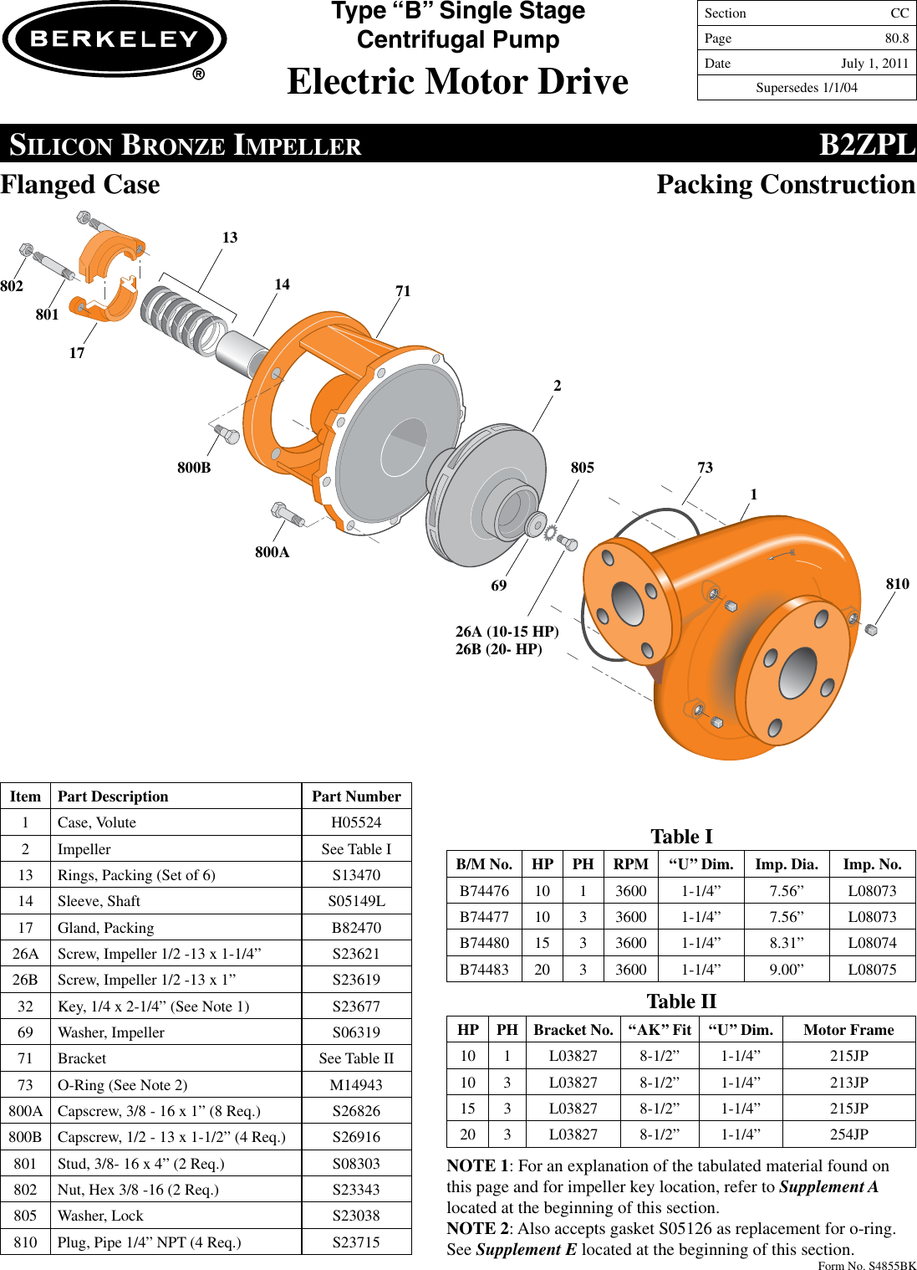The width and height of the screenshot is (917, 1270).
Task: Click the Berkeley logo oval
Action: pos(115,39)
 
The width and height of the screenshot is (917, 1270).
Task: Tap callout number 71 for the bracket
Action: pos(403,291)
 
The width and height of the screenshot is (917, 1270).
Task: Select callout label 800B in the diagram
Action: pos(194,468)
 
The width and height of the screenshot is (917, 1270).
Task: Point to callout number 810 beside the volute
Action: pos(897,584)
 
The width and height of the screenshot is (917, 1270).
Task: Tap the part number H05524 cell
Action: pos(356,822)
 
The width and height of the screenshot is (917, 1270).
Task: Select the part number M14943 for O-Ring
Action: pos(356,1085)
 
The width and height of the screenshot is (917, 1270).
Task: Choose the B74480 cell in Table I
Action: pos(484,943)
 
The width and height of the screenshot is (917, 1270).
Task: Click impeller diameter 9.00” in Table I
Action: pos(786,970)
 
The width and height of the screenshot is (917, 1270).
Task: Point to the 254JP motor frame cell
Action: pos(848,1134)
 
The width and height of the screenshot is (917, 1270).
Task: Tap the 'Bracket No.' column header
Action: pos(573,1030)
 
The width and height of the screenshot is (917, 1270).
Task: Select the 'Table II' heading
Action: pos(681,1001)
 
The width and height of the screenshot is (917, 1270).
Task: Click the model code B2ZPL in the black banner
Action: pos(866,145)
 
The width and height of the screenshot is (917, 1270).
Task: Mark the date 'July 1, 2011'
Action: pos(874,64)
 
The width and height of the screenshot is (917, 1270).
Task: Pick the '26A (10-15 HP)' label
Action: pos(507,632)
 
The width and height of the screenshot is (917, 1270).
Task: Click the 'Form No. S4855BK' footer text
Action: pos(866,1265)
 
